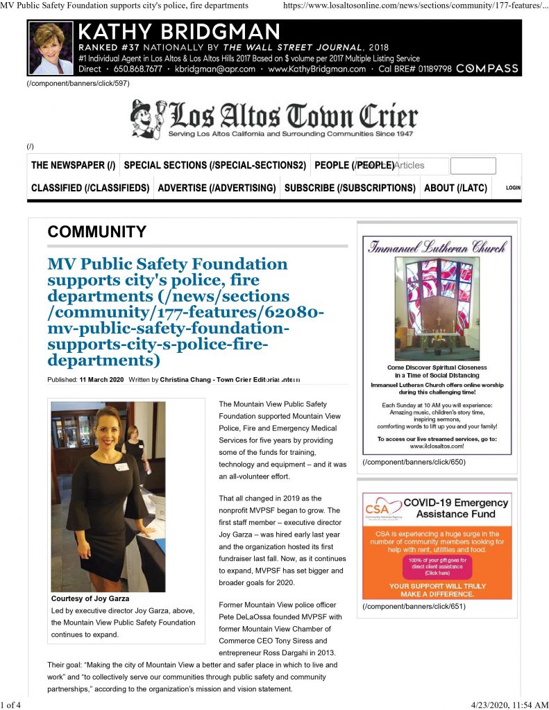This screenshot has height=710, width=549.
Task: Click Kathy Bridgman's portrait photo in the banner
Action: coord(51,48)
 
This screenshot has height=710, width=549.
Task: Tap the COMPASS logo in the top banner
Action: coord(487,69)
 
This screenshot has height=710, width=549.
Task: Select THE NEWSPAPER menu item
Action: coord(73,165)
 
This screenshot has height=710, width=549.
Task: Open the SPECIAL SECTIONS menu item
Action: coord(214,165)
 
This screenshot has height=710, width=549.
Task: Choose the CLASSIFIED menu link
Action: coord(90,188)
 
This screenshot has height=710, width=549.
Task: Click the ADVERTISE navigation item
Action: coord(217,188)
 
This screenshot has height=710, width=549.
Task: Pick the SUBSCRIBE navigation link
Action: coord(350,188)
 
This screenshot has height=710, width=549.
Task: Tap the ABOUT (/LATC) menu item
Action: coord(455,188)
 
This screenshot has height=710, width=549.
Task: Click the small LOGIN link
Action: coord(513,188)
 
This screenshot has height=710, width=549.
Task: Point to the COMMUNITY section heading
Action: coord(96,232)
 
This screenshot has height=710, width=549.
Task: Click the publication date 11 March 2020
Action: coord(101,380)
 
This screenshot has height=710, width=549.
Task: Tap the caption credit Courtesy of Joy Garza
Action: coord(90,598)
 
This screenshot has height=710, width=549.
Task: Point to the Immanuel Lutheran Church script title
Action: coord(437,247)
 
